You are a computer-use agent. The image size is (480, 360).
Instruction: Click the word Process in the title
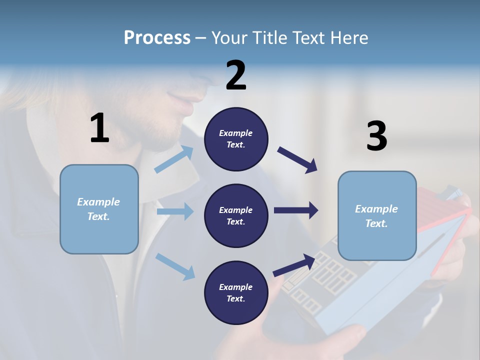tap(157, 37)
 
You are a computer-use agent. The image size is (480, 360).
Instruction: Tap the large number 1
tap(99, 128)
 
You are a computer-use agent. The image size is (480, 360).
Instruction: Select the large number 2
tap(236, 75)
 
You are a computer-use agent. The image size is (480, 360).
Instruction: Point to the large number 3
tap(376, 136)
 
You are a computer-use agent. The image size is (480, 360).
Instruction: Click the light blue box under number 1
tap(99, 209)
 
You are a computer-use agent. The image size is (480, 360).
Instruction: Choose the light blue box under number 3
tap(377, 215)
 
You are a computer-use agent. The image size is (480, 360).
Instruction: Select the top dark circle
tap(236, 139)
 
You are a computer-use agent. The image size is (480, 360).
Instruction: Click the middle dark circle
tap(236, 215)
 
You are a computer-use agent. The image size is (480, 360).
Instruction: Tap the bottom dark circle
tap(236, 292)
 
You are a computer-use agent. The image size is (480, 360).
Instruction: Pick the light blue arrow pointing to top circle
tap(174, 159)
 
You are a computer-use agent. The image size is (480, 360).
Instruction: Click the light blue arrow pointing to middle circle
tap(175, 211)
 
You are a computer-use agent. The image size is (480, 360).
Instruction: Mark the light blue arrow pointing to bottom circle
tap(175, 266)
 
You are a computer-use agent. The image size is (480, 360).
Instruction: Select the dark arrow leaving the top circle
tap(297, 160)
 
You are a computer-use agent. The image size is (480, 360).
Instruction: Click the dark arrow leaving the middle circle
tap(296, 210)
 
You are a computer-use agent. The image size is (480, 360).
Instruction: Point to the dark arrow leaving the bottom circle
tap(294, 265)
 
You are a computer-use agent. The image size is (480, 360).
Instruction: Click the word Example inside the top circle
tap(236, 133)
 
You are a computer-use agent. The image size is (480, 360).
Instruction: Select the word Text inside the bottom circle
tap(235, 298)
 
